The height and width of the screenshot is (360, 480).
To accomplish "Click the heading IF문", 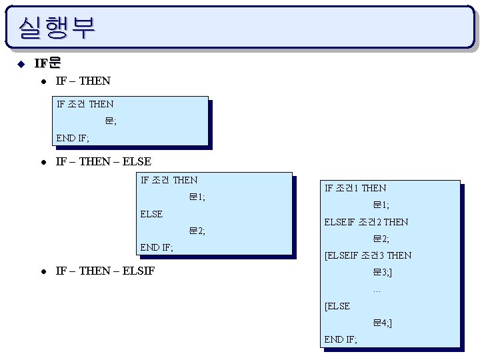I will pos(47,63).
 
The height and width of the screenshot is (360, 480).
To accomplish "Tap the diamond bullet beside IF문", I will pos(21,64).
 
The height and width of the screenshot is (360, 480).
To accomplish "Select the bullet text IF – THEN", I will pos(83,81).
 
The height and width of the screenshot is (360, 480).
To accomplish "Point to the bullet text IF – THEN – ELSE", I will pos(103,161).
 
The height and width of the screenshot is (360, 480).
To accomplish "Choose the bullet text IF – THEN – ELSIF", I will pos(105,271).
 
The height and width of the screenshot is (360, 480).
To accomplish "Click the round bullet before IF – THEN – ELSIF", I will pos(42,271).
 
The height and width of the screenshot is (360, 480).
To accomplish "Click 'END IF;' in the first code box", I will pos(73,138).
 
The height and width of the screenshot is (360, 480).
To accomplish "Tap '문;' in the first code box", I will pos(110,121).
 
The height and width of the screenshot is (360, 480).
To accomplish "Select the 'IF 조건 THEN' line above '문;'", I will pos(85,104).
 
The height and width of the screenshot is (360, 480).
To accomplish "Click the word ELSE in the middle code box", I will pos(151,214).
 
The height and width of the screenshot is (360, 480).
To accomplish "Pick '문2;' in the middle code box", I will pos(197,231).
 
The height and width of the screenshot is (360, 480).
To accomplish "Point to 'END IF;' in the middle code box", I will pos(157,248).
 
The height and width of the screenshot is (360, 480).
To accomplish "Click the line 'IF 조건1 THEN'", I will pos(355,188).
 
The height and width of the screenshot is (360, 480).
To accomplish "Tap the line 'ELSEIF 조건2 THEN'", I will pos(366,222).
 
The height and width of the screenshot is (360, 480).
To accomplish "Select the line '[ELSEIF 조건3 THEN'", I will pos(367,255).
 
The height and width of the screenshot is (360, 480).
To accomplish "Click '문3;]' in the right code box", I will pos(382,273).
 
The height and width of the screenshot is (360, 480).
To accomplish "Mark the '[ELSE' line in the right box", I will pos(337,306).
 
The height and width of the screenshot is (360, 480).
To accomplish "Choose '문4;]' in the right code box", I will pos(382,323).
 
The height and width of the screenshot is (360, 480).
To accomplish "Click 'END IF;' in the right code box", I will pos(341,339).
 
